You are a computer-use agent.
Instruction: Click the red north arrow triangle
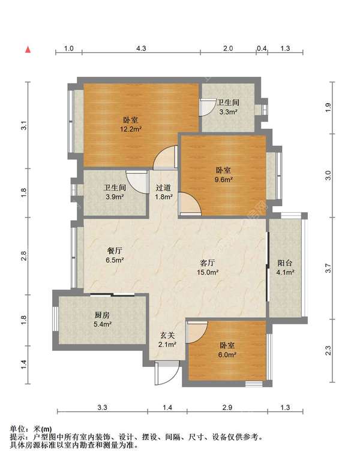[28, 50]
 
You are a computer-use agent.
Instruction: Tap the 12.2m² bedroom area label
[131, 129]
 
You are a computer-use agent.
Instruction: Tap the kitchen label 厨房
[102, 315]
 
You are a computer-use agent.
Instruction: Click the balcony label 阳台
[285, 263]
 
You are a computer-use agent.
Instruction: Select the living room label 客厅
[208, 263]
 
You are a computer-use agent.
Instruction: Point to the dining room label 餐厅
[115, 251]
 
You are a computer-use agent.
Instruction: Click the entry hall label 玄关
[167, 336]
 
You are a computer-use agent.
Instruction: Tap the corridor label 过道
[163, 188]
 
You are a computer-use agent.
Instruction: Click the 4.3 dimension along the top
[141, 48]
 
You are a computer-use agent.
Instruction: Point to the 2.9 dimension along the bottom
[227, 408]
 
